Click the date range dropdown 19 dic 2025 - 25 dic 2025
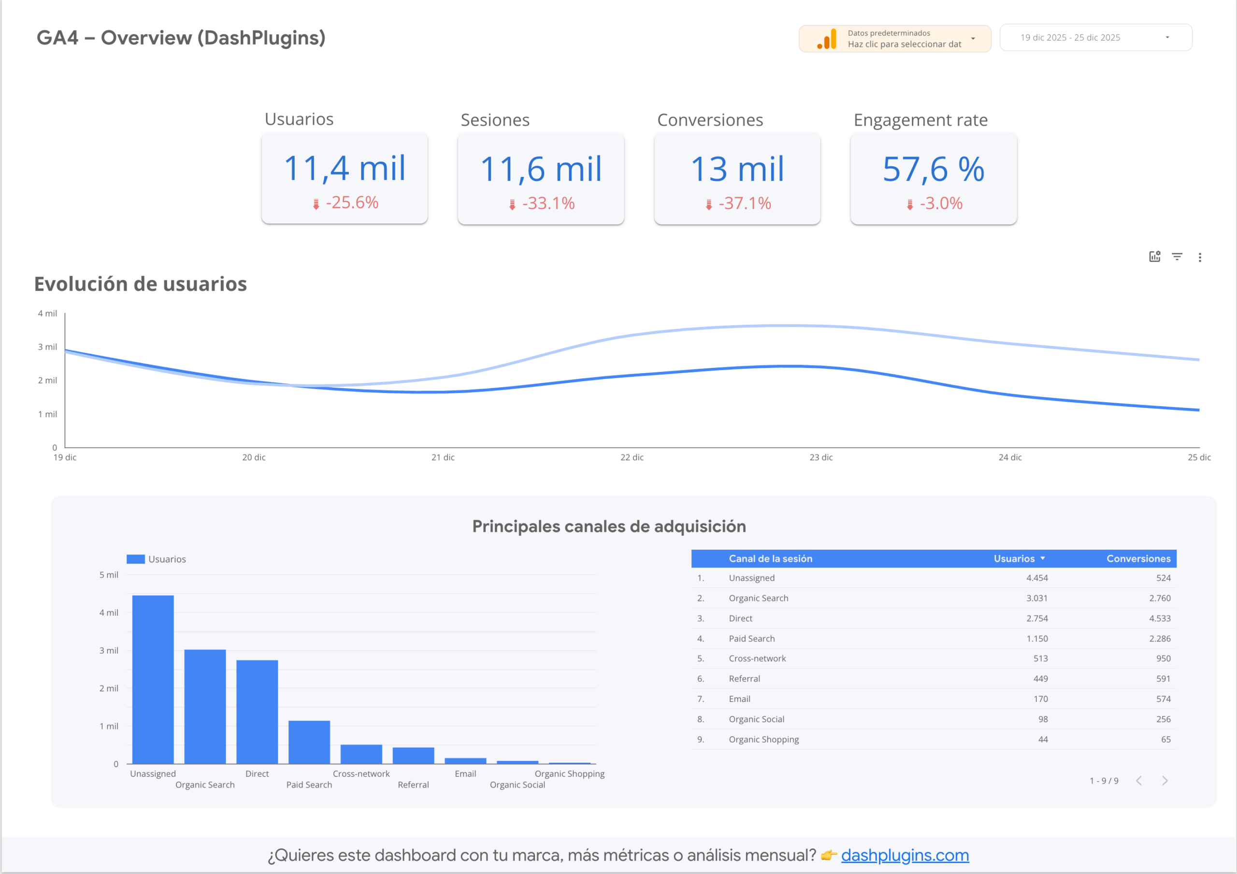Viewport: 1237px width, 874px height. [x=1095, y=38]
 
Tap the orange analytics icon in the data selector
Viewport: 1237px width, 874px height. [x=826, y=39]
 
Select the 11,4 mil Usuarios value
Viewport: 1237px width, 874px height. [x=344, y=168]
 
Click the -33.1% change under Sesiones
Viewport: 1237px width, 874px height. [x=542, y=204]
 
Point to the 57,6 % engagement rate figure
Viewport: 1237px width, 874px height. [x=933, y=169]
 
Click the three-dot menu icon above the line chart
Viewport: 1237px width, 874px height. [x=1200, y=258]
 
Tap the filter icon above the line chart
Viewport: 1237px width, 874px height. [x=1177, y=257]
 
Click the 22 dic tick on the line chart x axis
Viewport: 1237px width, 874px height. [x=632, y=457]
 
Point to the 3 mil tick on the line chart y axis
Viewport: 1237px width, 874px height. [x=47, y=347]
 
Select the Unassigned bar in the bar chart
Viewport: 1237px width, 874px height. [x=153, y=679]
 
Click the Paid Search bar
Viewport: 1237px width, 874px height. [x=309, y=742]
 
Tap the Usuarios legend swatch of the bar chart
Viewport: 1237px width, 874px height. [x=136, y=559]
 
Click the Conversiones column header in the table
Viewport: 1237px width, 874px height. [x=1138, y=559]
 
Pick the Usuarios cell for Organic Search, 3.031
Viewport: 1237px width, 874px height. [x=1036, y=598]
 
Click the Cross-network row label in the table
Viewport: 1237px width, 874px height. [x=757, y=658]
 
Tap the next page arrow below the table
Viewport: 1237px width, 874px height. [x=1165, y=781]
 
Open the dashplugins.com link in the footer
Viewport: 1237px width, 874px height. [x=905, y=855]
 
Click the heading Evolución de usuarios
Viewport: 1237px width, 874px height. [x=141, y=284]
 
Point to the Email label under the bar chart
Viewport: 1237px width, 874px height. [x=465, y=774]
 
